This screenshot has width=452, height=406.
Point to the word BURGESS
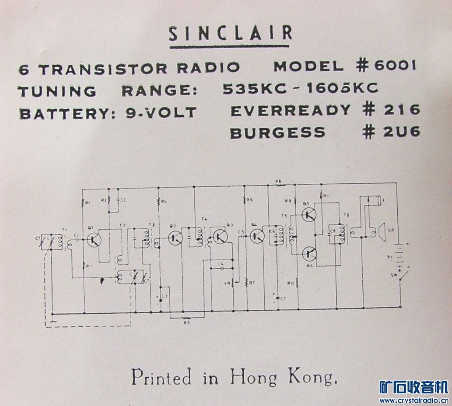(x=277, y=132)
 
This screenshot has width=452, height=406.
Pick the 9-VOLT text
(x=161, y=112)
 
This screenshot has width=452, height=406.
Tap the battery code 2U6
(x=402, y=132)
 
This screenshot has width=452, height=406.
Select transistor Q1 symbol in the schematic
(x=94, y=239)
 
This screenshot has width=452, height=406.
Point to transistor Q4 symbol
(x=257, y=237)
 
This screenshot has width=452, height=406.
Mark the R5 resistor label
(x=187, y=322)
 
